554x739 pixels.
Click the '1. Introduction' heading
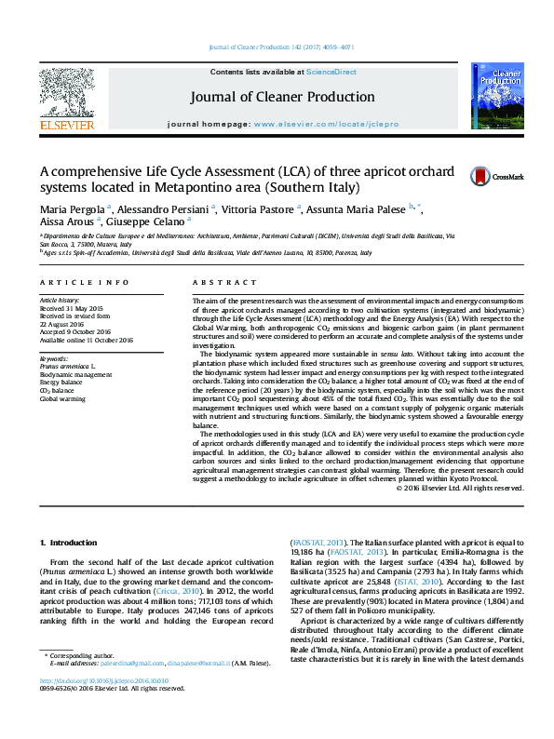(71, 543)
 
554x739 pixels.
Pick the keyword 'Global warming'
(62, 398)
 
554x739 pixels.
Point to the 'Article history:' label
(60, 302)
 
